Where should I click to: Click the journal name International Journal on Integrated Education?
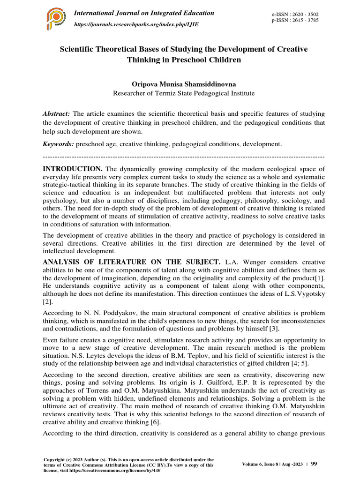point(144,13)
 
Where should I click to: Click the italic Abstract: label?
point(56,114)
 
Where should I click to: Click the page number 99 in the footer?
point(314,464)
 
